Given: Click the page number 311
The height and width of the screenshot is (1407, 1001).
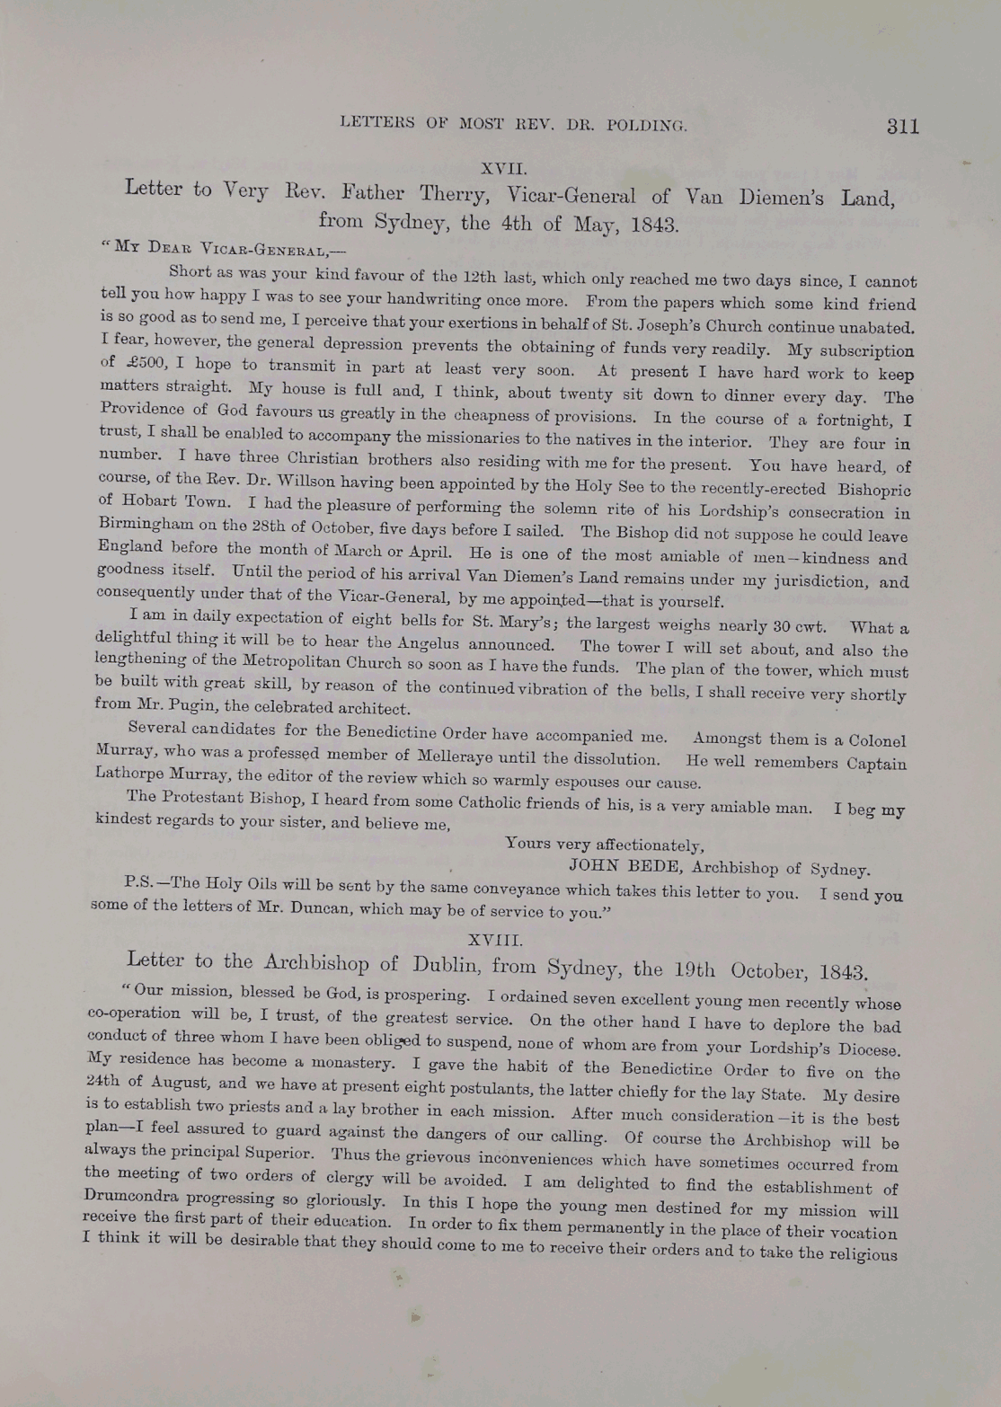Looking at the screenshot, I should point(902,126).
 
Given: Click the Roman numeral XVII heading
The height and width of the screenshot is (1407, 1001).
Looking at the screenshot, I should point(503,168).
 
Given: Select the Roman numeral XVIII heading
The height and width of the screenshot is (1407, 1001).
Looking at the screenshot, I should point(495,939).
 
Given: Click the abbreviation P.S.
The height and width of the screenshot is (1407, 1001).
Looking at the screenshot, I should point(140,880).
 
